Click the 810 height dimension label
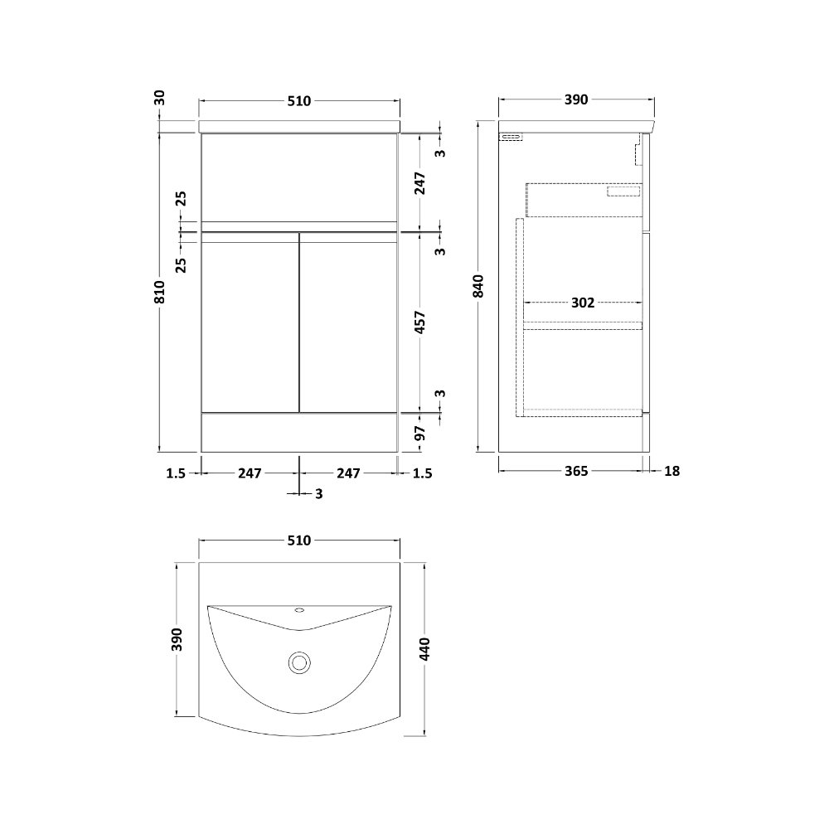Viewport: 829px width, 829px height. [x=160, y=292]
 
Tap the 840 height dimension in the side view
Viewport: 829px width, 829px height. [x=478, y=286]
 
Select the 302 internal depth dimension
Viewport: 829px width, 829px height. [x=583, y=303]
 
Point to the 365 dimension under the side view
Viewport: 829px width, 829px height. [x=576, y=471]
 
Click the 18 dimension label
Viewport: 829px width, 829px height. [x=671, y=471]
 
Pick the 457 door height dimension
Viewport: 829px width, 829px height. [x=419, y=322]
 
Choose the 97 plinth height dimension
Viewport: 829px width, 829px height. [x=419, y=434]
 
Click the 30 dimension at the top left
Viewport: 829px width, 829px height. [x=160, y=98]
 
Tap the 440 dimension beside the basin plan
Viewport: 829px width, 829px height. [x=424, y=649]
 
